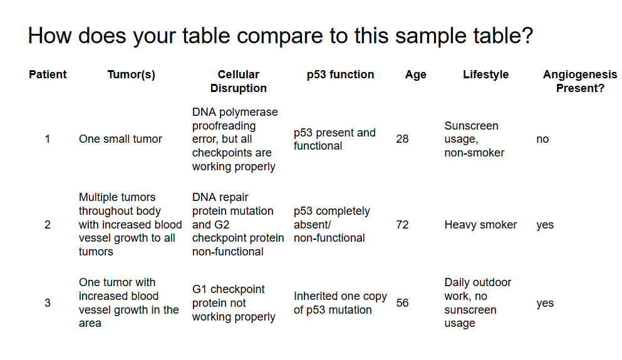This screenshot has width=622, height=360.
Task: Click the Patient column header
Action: (x=48, y=75)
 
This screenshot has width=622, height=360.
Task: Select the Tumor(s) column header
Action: (x=131, y=75)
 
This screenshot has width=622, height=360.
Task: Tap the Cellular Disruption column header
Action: (x=238, y=81)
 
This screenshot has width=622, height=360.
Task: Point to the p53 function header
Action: (x=340, y=75)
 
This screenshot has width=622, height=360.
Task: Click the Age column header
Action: (x=415, y=75)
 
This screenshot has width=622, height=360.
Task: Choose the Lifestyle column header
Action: (x=485, y=75)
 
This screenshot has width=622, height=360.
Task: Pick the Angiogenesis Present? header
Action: (x=580, y=81)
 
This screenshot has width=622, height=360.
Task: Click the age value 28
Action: (x=402, y=139)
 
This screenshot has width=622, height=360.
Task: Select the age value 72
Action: (x=402, y=225)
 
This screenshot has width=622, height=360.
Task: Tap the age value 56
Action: (x=402, y=303)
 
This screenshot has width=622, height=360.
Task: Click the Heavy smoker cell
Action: (x=480, y=225)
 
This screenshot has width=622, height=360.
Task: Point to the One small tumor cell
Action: (x=120, y=139)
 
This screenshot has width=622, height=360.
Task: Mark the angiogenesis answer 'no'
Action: (x=542, y=139)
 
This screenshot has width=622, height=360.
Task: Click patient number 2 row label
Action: (x=48, y=225)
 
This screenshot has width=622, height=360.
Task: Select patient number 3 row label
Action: (x=48, y=303)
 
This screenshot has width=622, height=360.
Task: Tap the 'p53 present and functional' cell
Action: (x=334, y=139)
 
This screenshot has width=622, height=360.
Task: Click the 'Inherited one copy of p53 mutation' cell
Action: (x=340, y=303)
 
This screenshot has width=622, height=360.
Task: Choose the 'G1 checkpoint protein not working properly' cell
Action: (x=233, y=303)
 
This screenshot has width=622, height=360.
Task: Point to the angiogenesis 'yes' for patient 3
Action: (x=545, y=303)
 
